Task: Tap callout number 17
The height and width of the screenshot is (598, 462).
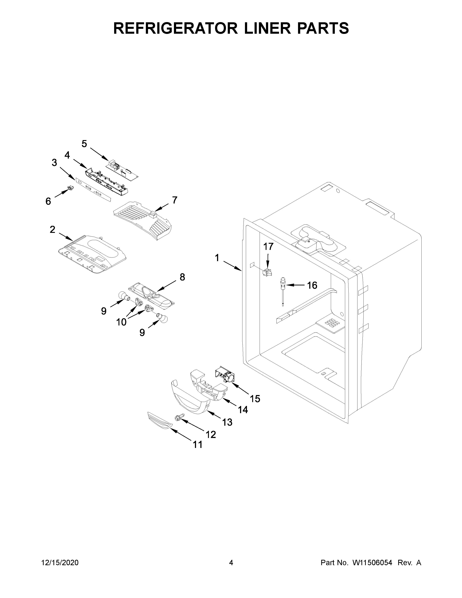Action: tap(268, 246)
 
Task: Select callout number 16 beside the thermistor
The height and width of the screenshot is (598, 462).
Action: tap(312, 285)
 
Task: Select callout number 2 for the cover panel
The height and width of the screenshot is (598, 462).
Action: tap(52, 229)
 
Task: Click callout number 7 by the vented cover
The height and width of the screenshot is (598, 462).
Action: tap(175, 200)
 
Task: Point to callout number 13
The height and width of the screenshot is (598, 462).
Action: tap(227, 422)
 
